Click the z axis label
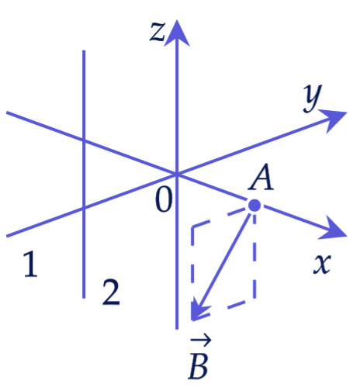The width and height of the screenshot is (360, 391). (157, 32)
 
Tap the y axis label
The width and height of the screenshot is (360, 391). (313, 99)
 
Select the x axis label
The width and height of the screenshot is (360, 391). (322, 264)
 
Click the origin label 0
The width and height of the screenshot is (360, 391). (164, 199)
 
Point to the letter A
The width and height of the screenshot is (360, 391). (261, 178)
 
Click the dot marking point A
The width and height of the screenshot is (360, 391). (254, 206)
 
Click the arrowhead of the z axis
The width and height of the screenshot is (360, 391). (177, 33)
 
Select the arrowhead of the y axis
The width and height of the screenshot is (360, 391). (333, 119)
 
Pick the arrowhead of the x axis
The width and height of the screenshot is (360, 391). (333, 229)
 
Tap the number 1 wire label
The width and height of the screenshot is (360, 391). (31, 264)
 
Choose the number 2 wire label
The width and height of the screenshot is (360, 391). (111, 292)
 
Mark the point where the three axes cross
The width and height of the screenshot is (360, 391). (177, 174)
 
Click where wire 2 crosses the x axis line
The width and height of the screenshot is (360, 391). (84, 140)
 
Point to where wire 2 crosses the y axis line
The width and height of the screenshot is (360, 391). (84, 208)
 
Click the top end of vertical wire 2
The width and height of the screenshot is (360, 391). (84, 50)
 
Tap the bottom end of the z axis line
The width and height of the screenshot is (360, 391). (177, 329)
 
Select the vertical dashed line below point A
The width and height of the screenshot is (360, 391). (254, 255)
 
